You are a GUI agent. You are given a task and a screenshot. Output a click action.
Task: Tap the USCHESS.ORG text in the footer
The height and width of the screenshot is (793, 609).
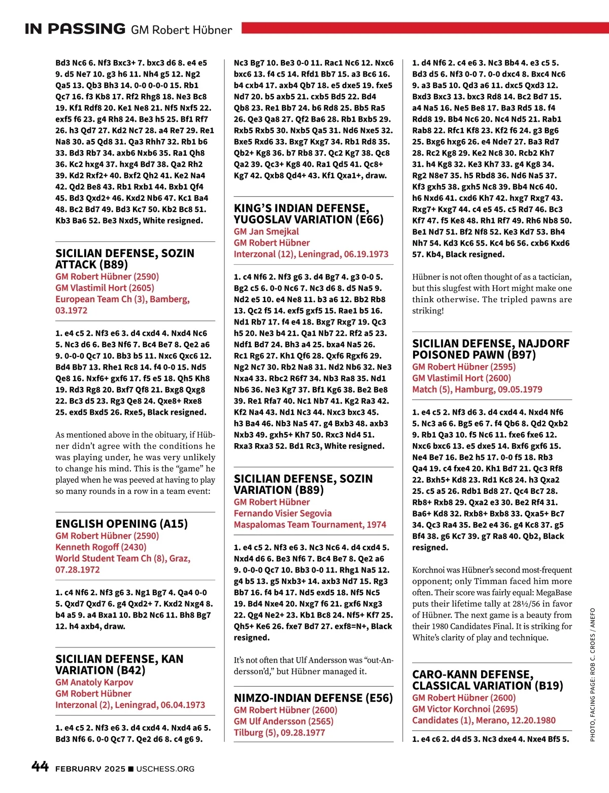165,769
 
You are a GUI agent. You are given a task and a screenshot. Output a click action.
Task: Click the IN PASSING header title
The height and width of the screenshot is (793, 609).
75,28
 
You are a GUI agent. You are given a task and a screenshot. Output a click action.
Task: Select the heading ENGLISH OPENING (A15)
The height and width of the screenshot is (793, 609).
121,524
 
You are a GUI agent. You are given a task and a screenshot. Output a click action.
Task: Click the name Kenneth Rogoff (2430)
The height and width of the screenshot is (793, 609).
100,547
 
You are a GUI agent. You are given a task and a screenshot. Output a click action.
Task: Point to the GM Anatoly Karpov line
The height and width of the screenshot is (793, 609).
94,682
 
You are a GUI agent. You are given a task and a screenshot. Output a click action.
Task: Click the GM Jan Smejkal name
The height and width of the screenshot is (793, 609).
266,231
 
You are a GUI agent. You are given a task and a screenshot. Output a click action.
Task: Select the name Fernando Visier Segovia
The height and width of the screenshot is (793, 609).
282,513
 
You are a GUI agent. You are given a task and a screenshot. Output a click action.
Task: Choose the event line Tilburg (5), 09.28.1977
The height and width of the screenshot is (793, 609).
279,732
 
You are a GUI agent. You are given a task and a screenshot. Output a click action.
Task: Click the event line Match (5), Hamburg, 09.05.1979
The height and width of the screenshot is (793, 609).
477,389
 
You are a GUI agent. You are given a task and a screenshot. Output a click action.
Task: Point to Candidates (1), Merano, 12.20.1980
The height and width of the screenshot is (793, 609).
483,720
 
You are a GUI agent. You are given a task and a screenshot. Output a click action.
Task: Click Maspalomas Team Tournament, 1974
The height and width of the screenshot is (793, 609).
310,524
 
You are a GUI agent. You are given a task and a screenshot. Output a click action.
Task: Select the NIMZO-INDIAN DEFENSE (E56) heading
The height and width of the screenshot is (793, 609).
313,698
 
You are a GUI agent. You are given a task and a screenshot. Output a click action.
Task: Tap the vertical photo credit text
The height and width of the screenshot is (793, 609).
592,674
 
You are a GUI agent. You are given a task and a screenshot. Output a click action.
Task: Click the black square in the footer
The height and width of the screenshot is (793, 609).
131,769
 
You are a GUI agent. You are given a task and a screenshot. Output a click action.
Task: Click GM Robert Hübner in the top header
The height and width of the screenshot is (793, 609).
181,30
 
